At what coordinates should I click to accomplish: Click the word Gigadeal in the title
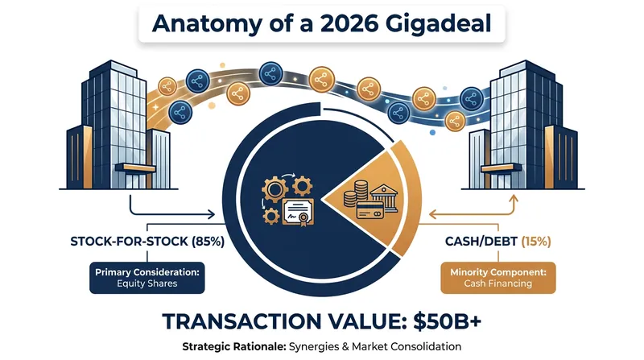click(438, 23)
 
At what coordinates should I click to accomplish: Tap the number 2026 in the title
click(349, 23)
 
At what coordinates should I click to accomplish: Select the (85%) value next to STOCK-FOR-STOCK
click(208, 242)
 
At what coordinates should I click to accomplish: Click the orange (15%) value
click(536, 242)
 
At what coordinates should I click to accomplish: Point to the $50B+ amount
click(447, 321)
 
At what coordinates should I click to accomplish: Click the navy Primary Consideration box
click(147, 278)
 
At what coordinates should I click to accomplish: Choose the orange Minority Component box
click(498, 278)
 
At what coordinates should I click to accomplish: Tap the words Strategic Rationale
click(234, 347)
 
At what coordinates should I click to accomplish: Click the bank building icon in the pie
click(384, 197)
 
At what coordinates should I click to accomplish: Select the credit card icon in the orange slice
click(370, 209)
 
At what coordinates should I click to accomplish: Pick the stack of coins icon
click(356, 193)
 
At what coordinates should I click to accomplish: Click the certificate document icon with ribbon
click(298, 213)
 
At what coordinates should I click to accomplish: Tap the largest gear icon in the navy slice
click(275, 189)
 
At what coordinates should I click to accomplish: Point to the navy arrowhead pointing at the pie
click(211, 214)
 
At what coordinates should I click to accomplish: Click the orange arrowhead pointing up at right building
click(513, 199)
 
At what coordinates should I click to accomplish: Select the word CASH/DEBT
click(481, 242)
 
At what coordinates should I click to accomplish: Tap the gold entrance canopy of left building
click(135, 168)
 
